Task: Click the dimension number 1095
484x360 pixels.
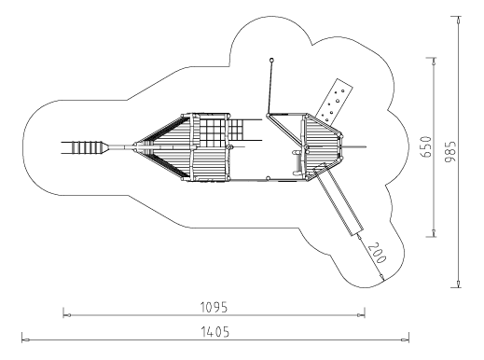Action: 214,307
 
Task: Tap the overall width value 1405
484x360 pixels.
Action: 214,332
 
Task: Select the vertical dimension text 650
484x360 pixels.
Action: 425,146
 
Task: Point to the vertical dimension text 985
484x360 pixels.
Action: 450,151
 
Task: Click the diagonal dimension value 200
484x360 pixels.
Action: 377,253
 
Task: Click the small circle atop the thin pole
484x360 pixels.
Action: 271,60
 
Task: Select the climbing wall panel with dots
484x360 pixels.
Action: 334,101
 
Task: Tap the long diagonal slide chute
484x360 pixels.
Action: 339,201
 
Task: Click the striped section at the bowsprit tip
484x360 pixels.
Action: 87,147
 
